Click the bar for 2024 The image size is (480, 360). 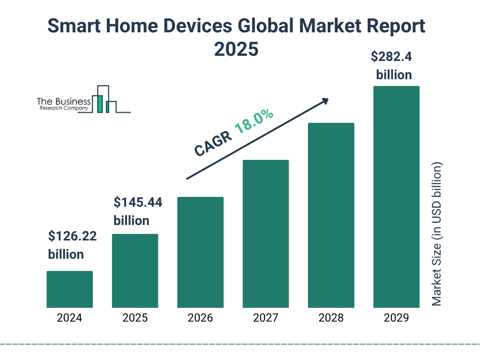click(69, 289)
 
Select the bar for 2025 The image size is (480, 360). click(135, 271)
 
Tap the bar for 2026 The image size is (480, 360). click(200, 252)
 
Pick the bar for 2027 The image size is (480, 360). click(265, 234)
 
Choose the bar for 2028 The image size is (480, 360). click(331, 215)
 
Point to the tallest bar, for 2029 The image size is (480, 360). click(396, 197)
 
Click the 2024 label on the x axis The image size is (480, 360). click(69, 318)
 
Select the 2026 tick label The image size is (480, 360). click(200, 318)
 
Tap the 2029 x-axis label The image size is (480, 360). click(396, 318)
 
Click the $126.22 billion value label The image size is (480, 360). click(72, 245)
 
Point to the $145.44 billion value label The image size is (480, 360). click(138, 211)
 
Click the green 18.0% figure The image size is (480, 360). click(254, 122)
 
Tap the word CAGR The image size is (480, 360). click(213, 143)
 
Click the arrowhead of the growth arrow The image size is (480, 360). click(324, 101)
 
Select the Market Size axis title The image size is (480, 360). click(437, 234)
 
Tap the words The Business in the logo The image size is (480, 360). click(64, 101)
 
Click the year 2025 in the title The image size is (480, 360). click(236, 49)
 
